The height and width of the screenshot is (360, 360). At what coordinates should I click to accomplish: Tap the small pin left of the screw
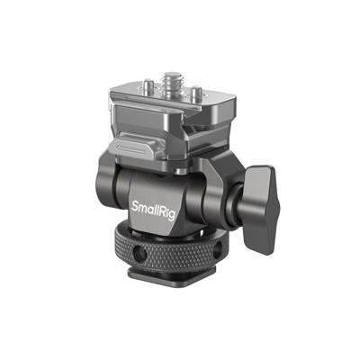(148, 85)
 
